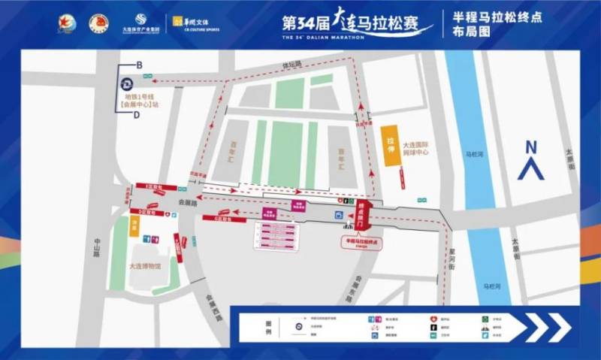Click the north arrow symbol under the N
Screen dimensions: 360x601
532,170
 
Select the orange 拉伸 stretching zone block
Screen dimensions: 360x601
390,145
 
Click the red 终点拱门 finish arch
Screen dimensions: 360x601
365,215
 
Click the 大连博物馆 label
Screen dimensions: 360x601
142,265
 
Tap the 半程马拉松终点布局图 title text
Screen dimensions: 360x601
485,25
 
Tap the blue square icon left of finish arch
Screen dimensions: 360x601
338,216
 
